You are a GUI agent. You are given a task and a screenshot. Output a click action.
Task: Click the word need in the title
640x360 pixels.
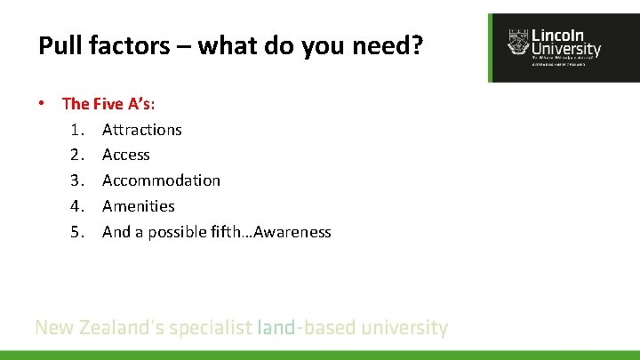coord(380,45)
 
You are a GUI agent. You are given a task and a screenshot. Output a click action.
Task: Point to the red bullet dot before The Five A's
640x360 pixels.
coord(42,104)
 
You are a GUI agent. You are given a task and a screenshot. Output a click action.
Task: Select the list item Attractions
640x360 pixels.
coord(142,130)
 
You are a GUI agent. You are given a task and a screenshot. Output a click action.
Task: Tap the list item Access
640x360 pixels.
coord(126,155)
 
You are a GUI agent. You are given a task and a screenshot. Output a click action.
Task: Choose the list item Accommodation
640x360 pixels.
coord(161,180)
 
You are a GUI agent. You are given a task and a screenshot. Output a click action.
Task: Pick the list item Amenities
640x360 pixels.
coord(139,206)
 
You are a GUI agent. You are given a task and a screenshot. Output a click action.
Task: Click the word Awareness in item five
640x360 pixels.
coord(292,232)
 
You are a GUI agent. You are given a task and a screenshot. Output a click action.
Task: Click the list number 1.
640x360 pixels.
coord(77,130)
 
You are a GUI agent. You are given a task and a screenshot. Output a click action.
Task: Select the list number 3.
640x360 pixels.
coord(77,180)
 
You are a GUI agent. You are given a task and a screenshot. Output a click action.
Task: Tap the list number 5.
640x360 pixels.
coord(77,232)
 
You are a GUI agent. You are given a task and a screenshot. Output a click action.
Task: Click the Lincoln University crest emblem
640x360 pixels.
coord(516,42)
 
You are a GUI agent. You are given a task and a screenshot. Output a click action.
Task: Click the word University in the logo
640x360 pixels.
coord(565,50)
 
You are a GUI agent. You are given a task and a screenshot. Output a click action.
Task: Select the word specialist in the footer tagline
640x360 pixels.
coord(210,329)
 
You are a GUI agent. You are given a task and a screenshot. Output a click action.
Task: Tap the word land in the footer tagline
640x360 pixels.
coord(276,328)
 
